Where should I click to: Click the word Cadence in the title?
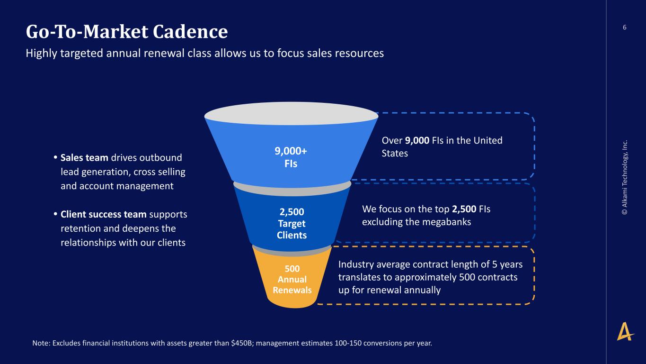click(190, 31)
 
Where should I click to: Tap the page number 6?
click(624, 27)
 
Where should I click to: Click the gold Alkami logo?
click(625, 331)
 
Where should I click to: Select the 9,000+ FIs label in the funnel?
click(291, 157)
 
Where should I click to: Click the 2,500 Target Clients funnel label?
click(292, 223)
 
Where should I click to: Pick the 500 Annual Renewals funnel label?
click(292, 279)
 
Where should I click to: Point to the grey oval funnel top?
click(291, 114)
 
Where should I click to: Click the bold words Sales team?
click(84, 158)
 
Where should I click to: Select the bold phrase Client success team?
click(104, 214)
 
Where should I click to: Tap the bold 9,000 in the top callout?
click(417, 140)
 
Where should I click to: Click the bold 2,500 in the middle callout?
click(464, 209)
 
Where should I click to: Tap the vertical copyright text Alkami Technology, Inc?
click(625, 177)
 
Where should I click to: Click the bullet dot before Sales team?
click(55, 158)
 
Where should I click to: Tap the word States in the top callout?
click(395, 153)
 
